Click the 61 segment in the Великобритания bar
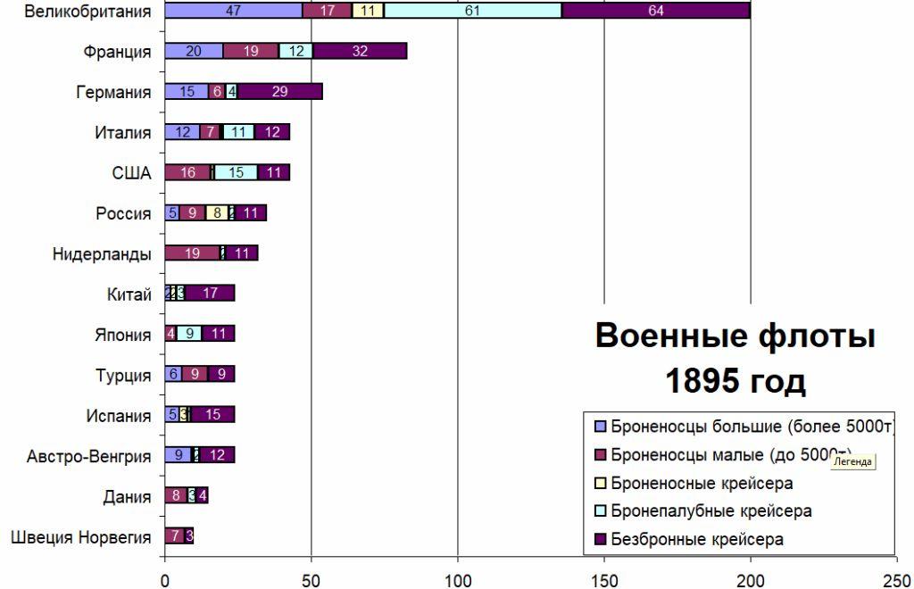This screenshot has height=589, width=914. pos(473,11)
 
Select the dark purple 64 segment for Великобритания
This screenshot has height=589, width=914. pos(656,11)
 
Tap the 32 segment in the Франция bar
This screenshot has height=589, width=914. pos(360,51)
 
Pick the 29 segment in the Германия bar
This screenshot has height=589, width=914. pos(279,92)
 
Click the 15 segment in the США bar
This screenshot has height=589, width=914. pos(236,173)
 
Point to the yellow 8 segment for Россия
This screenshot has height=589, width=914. pos(217,213)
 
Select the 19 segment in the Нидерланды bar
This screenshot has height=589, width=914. pos(192,253)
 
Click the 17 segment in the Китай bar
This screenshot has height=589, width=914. pos(210,294)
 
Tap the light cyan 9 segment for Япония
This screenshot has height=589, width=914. pos(189,335)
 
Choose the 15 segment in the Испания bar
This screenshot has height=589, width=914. pos(212,415)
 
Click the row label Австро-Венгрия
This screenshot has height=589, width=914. pos(89,457)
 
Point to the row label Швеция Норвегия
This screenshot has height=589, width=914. pos(81,537)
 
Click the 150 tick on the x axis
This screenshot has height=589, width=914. pos(604,577)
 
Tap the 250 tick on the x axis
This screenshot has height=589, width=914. pos(897,577)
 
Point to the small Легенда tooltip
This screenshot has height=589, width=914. pos(852,461)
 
